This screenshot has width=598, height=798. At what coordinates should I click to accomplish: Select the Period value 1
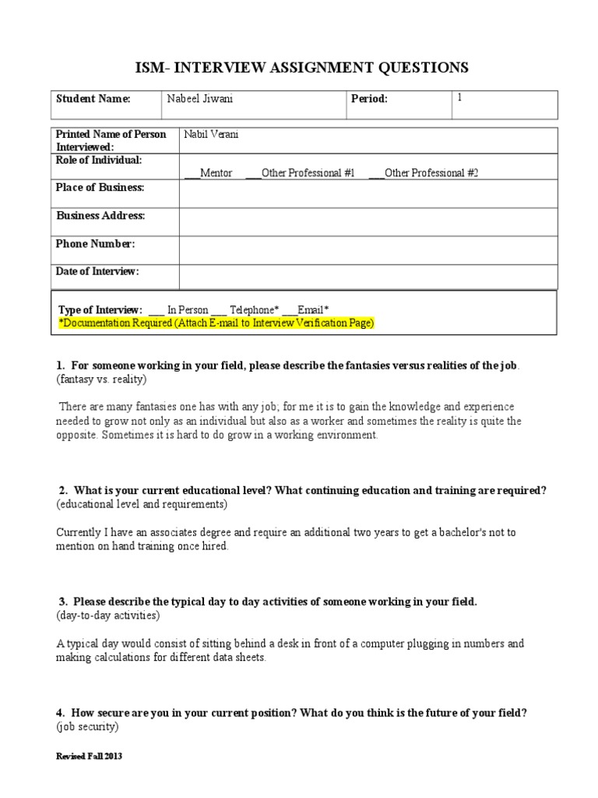(459, 98)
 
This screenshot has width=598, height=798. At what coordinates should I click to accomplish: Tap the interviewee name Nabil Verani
(211, 134)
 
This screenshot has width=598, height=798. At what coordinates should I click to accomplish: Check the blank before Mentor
(192, 174)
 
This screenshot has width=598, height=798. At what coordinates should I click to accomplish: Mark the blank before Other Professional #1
(253, 174)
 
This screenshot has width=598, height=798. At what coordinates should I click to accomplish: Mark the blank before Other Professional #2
(375, 174)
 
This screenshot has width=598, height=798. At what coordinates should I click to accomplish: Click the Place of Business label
(100, 188)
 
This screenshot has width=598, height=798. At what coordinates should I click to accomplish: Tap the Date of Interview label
(97, 271)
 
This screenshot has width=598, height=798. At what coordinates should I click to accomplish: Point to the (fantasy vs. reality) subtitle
(101, 379)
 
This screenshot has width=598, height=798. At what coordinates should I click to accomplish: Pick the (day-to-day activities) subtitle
(108, 616)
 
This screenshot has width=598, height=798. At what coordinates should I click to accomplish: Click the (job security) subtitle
(87, 727)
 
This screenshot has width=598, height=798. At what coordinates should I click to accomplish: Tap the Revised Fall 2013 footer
(89, 757)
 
